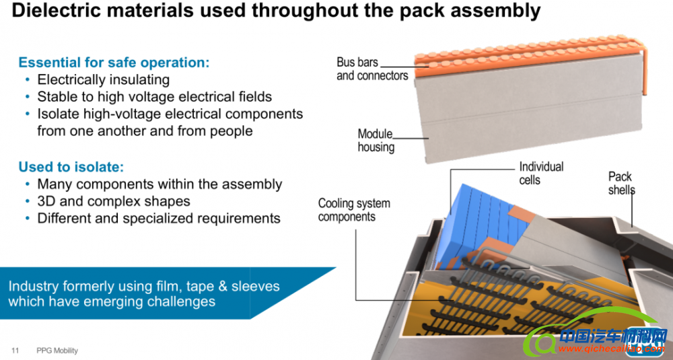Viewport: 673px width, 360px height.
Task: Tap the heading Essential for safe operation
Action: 114,63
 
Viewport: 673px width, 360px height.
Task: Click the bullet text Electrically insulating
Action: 103,80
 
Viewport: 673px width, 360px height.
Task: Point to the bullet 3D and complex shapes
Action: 114,201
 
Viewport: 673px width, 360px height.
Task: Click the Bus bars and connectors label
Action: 372,69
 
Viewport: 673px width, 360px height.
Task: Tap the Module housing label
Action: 376,141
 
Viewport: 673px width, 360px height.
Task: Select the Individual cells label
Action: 541,173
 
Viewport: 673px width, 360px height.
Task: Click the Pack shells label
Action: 621,183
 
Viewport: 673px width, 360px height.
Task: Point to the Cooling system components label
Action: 354,210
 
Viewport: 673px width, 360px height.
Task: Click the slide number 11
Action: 15,351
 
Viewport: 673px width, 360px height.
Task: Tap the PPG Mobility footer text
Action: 57,351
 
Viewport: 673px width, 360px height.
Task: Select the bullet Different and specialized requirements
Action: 159,218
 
